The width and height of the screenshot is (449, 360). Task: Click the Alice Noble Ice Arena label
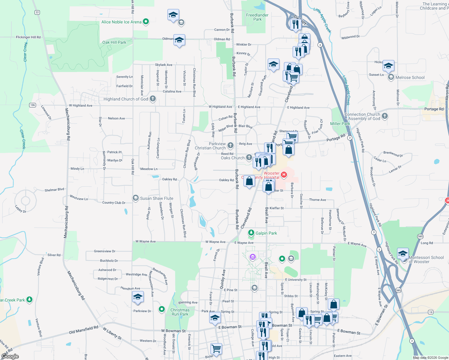point(121,22)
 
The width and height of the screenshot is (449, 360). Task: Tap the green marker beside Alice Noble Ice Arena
point(146,21)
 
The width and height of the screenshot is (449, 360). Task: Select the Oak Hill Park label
point(114,42)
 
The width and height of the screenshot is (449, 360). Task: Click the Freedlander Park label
point(257,17)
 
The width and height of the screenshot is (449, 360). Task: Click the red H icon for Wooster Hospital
point(284,174)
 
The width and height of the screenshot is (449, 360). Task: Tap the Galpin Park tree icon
point(251,233)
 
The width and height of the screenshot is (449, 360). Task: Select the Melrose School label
point(410,77)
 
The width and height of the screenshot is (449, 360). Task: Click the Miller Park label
point(340,124)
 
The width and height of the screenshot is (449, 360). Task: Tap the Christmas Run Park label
point(180,312)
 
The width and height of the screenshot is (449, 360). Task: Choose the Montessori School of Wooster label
point(426,259)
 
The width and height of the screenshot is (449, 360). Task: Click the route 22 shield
point(37,12)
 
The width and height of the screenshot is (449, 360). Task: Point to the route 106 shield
point(33,105)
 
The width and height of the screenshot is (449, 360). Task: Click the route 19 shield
point(431,312)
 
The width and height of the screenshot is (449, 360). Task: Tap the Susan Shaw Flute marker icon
point(136,198)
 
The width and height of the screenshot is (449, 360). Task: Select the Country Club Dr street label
point(114,203)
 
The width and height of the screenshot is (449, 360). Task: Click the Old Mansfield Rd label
point(83,330)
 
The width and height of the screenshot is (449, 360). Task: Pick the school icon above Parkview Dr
point(138,297)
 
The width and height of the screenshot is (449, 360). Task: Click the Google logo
point(10,356)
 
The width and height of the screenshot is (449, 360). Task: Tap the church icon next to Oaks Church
point(249,157)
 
